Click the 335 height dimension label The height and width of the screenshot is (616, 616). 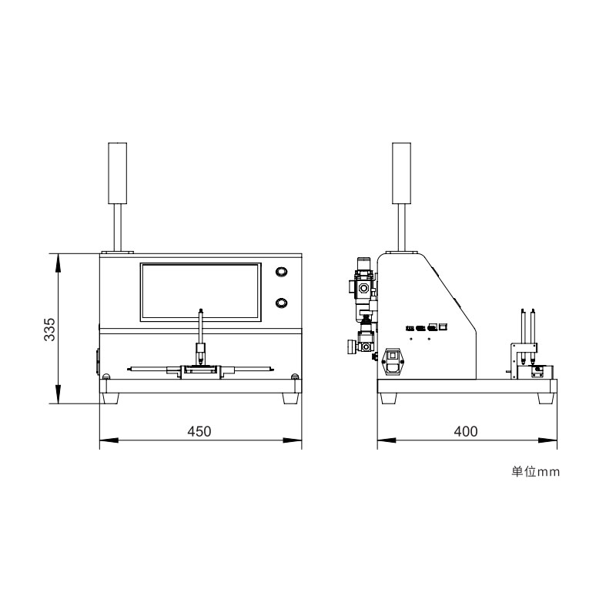click(49, 330)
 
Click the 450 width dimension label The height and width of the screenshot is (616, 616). click(199, 431)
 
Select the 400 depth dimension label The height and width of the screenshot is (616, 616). click(466, 431)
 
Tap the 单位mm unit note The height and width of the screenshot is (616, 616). click(535, 471)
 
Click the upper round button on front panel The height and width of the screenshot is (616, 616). click(281, 272)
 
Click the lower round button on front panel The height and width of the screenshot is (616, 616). click(281, 303)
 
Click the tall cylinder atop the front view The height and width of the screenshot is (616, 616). click(118, 173)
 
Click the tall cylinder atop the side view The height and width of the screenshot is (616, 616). click(401, 173)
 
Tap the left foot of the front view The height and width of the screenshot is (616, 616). click(110, 398)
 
